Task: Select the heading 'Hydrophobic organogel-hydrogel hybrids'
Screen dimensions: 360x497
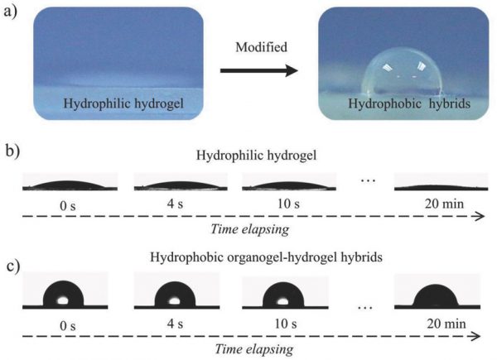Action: click(x=248, y=257)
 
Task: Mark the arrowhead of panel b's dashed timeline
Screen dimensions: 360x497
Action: click(x=480, y=217)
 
